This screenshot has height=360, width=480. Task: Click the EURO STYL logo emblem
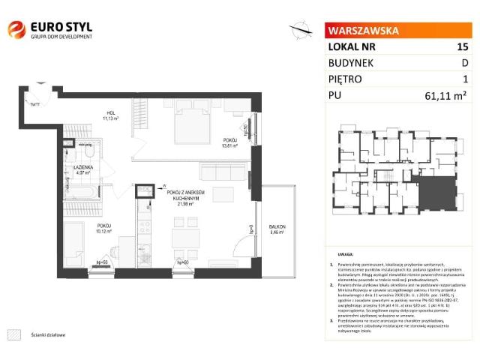[x=16, y=30]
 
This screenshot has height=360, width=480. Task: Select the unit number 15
[x=462, y=47]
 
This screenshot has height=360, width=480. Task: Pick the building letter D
[x=464, y=63]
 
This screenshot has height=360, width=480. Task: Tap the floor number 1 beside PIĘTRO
[x=465, y=79]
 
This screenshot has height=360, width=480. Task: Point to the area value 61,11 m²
[x=450, y=95]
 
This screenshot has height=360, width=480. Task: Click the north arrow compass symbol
[x=301, y=30]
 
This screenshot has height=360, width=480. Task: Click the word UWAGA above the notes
[x=345, y=254]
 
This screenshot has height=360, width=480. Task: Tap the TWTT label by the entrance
[x=35, y=103]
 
